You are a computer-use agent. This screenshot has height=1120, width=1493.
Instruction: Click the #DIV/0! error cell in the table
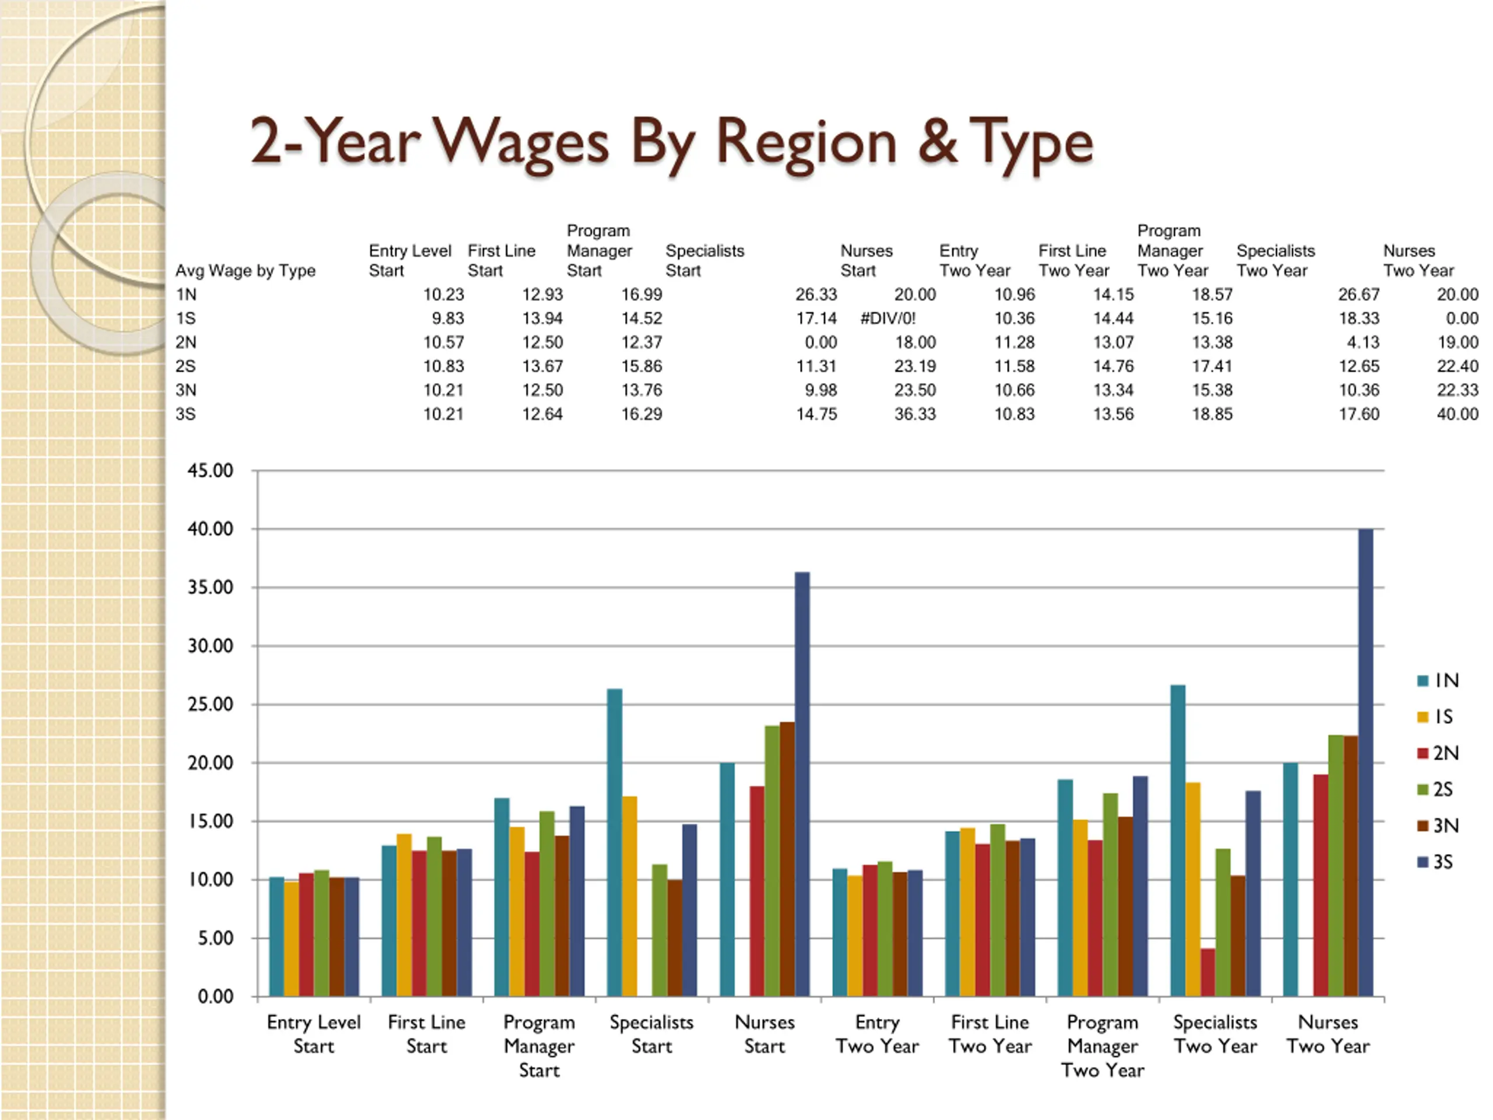[888, 318]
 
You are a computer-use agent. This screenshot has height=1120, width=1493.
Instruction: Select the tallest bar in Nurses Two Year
[1365, 763]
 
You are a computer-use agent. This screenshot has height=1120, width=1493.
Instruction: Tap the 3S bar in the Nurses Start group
[802, 783]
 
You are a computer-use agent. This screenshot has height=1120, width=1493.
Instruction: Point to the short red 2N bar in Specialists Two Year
[1207, 972]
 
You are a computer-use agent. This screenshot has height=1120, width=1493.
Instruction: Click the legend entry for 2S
[1437, 789]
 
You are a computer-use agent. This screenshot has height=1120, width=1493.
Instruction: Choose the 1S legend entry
[1437, 716]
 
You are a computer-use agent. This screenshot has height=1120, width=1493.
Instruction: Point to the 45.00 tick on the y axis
[211, 471]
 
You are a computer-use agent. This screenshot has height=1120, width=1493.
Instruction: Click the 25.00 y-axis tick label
[211, 705]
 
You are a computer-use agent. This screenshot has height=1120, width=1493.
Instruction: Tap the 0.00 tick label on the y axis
[215, 996]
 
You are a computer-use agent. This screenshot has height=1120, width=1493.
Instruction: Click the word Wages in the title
[520, 143]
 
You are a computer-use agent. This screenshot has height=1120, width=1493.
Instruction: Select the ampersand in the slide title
[938, 142]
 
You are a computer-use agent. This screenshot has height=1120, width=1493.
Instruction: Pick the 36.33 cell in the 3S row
[914, 414]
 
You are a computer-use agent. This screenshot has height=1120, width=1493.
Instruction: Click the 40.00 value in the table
[1457, 414]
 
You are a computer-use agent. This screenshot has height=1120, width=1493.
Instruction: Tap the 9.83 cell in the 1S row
[447, 318]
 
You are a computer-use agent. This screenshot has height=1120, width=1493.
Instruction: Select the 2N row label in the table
[185, 342]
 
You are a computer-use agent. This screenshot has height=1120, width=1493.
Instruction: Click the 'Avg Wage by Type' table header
[245, 271]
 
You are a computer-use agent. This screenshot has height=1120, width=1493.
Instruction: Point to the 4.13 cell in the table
[1363, 342]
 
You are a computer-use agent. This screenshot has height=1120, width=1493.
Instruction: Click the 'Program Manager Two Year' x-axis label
[1102, 1046]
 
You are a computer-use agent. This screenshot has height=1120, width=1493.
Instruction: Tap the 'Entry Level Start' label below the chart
[314, 1034]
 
